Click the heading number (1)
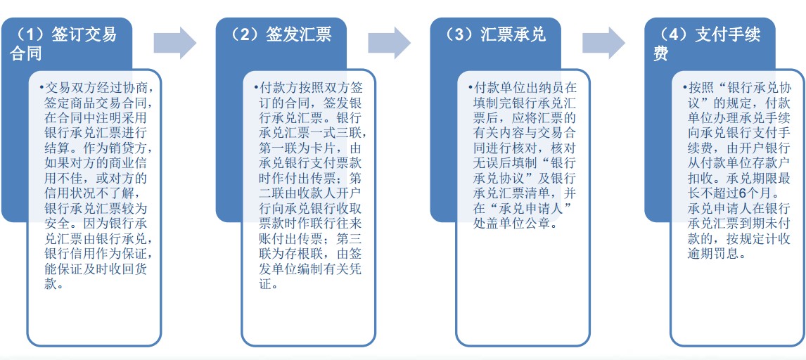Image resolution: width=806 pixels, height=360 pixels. (30, 34)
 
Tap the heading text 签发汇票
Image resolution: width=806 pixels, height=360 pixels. (299, 34)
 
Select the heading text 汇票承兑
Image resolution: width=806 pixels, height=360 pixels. (513, 34)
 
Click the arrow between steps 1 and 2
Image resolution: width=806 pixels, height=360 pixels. (174, 43)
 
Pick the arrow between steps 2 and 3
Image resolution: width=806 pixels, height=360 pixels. (389, 43)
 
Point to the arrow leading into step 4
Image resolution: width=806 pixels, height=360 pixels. (603, 43)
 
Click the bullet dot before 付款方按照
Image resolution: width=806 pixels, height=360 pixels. (255, 86)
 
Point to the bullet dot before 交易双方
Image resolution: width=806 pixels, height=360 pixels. (41, 86)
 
